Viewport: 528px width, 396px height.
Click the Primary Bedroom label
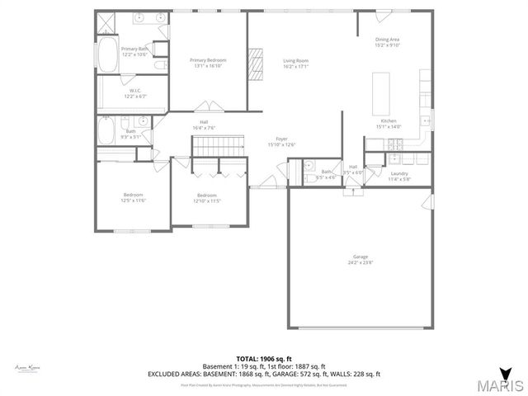207,59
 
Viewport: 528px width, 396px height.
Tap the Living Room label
295,59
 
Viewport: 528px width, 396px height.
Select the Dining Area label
387,40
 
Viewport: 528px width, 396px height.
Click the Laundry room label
399,173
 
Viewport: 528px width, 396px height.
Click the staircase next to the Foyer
214,145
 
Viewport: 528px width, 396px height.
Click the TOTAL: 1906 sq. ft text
263,359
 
